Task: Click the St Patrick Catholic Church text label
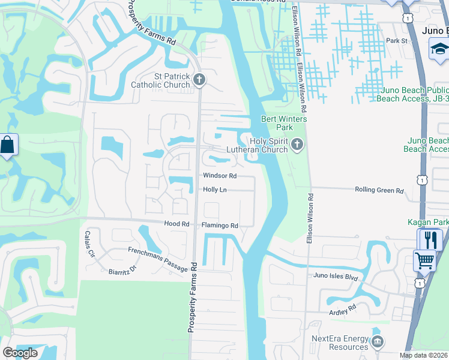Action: pyautogui.click(x=163, y=80)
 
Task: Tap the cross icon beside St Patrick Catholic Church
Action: pyautogui.click(x=200, y=79)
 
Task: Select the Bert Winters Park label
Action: pyautogui.click(x=284, y=123)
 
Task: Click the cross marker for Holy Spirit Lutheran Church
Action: pyautogui.click(x=297, y=144)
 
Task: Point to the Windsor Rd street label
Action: pyautogui.click(x=220, y=176)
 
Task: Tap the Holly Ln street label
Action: pyautogui.click(x=214, y=190)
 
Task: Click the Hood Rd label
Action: pyautogui.click(x=176, y=224)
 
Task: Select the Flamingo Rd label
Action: pyautogui.click(x=220, y=226)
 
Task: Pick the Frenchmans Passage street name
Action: pyautogui.click(x=157, y=259)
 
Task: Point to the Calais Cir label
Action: pyautogui.click(x=90, y=244)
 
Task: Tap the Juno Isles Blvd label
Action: pyautogui.click(x=336, y=277)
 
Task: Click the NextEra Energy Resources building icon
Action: pyautogui.click(x=378, y=343)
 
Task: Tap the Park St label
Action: pyautogui.click(x=397, y=41)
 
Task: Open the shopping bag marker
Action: pyautogui.click(x=8, y=145)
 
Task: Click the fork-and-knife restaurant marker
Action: pyautogui.click(x=429, y=241)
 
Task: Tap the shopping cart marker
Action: pyautogui.click(x=424, y=261)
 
